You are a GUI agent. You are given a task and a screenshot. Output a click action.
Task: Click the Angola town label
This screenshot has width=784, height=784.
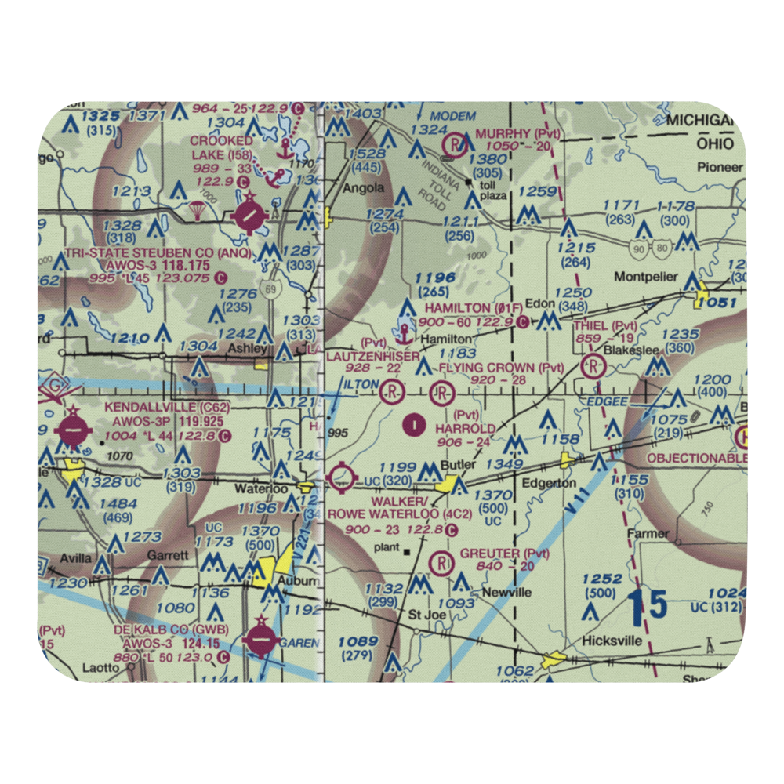point(364,188)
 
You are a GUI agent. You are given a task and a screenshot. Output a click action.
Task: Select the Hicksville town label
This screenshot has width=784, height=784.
point(612,641)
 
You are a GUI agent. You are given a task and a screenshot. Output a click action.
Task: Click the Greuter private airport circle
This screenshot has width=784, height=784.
point(443,561)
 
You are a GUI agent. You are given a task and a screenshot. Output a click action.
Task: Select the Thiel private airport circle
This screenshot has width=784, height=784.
point(593,365)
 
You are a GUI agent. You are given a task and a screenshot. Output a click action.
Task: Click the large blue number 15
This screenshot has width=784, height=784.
point(648,604)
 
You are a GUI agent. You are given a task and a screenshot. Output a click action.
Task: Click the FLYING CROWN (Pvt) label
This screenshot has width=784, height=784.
point(501,368)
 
